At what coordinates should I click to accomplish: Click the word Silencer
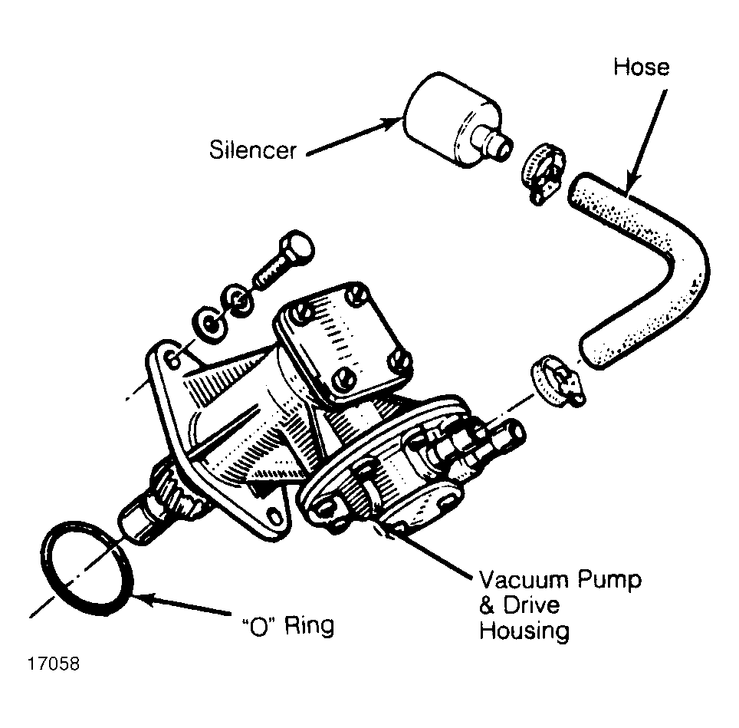(x=253, y=150)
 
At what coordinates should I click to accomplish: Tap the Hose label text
(x=641, y=67)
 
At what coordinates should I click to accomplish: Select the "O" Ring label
(x=287, y=626)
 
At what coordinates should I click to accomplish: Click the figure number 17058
(x=53, y=664)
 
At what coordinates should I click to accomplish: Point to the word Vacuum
(x=524, y=580)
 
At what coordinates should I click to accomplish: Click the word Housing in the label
(x=524, y=631)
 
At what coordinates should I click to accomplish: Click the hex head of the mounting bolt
(x=296, y=248)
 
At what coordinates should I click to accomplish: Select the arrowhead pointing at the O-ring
(x=143, y=599)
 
